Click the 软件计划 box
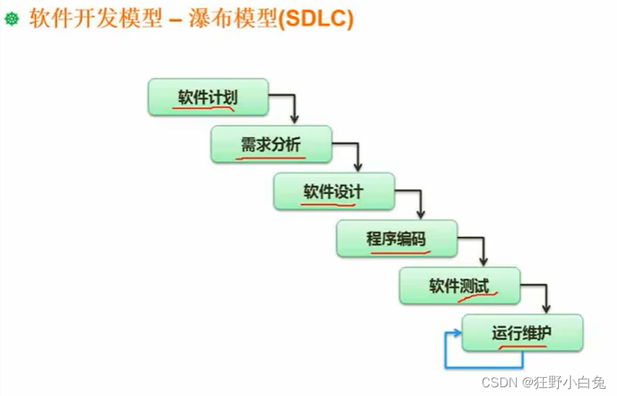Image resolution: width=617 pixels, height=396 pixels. (x=208, y=98)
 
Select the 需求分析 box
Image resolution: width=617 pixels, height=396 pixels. (x=271, y=144)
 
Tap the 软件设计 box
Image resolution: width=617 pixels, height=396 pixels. (x=334, y=191)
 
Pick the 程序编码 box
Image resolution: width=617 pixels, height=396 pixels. (x=397, y=239)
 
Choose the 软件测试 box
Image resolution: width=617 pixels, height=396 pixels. (x=460, y=286)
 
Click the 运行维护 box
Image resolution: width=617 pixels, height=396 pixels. (x=522, y=333)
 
